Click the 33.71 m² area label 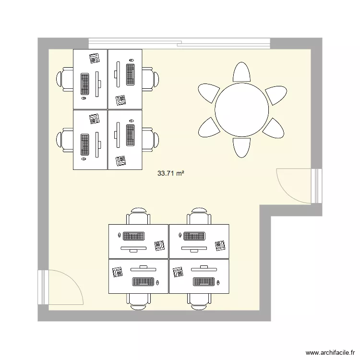click(170, 173)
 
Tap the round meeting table click(242, 110)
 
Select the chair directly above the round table click(241, 72)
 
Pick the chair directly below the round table click(241, 148)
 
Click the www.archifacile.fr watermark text click(330, 352)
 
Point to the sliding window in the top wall click(180, 44)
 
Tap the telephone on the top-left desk click(95, 58)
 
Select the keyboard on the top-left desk click(84, 84)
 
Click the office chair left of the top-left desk click(65, 79)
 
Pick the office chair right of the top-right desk click(150, 79)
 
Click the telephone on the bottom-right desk click(178, 272)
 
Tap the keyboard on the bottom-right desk click(204, 282)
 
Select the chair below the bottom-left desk click(138, 302)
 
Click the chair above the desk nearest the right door click(199, 216)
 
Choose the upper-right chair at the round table click(276, 95)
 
